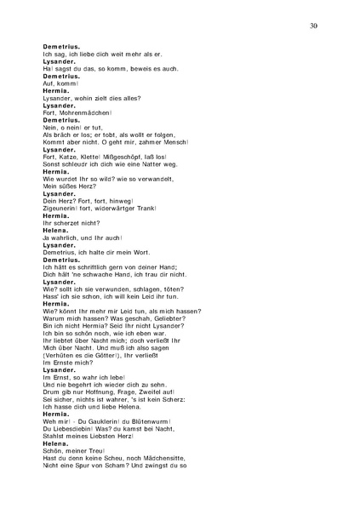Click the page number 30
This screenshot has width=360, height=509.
click(x=314, y=26)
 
